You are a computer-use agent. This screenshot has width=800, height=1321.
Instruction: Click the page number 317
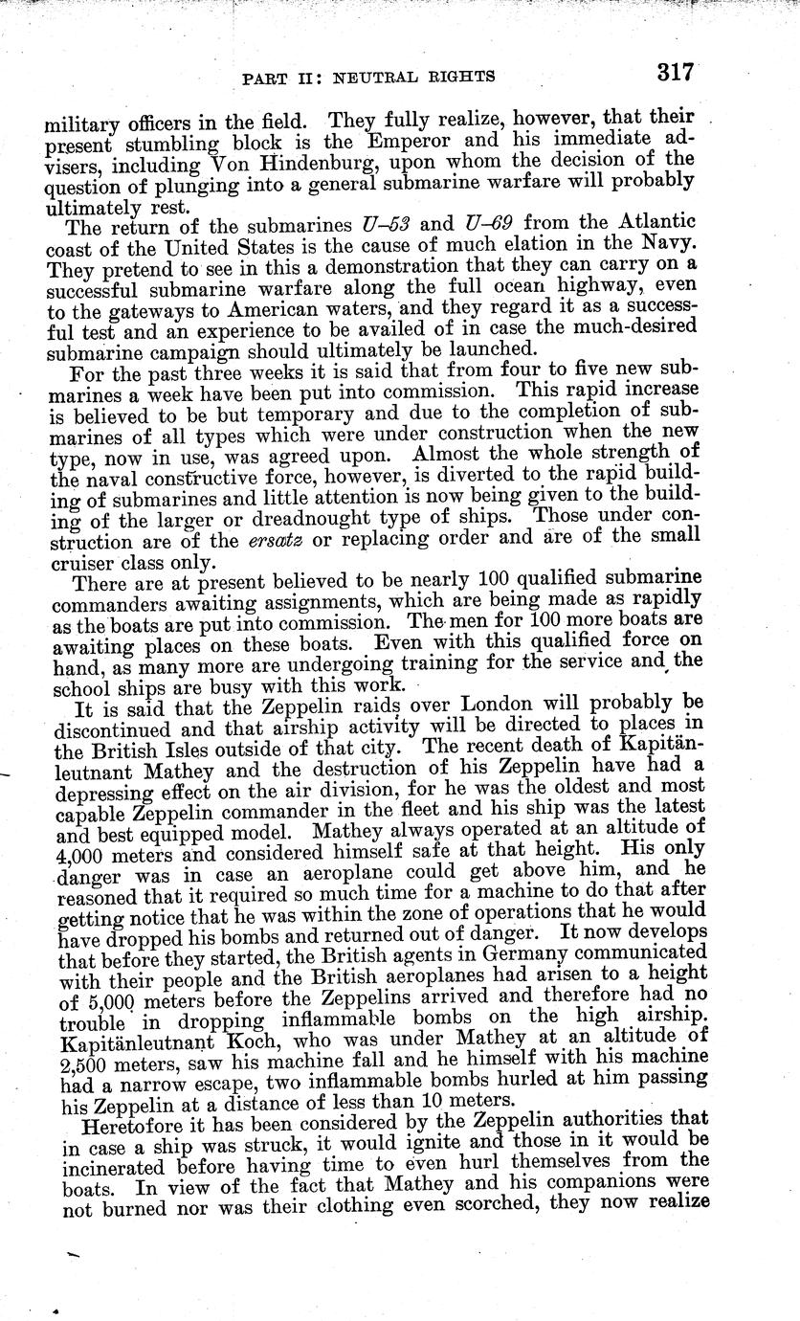[x=674, y=74]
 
